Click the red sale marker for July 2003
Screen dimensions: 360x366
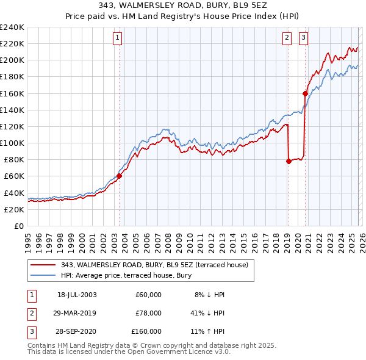point(120,176)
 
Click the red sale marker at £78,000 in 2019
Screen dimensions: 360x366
point(289,161)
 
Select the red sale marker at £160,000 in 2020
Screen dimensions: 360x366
point(305,93)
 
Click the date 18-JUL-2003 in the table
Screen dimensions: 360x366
point(77,295)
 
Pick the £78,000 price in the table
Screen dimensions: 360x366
point(148,313)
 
